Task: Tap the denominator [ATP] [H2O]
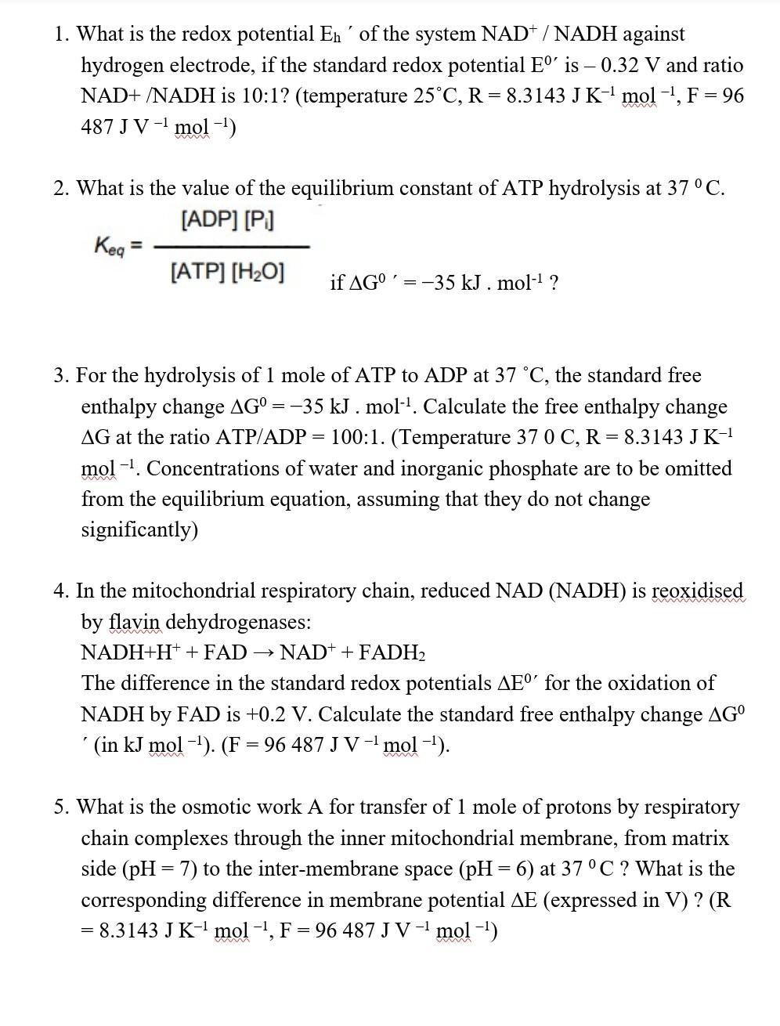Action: point(227,273)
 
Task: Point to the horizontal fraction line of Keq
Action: point(231,247)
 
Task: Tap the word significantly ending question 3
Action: point(139,530)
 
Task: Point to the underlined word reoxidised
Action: point(697,591)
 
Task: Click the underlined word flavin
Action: point(135,622)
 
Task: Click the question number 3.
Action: point(61,376)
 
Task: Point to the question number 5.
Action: point(61,807)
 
